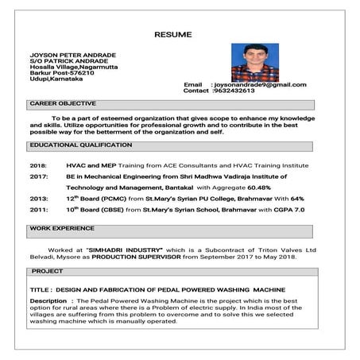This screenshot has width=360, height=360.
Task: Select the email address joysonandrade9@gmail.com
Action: (x=260, y=84)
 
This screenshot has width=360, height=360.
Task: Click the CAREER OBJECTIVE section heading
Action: (x=63, y=103)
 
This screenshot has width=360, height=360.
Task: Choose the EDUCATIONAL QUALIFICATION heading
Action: (x=80, y=146)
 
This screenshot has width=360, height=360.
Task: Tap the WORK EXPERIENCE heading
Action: (x=62, y=227)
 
